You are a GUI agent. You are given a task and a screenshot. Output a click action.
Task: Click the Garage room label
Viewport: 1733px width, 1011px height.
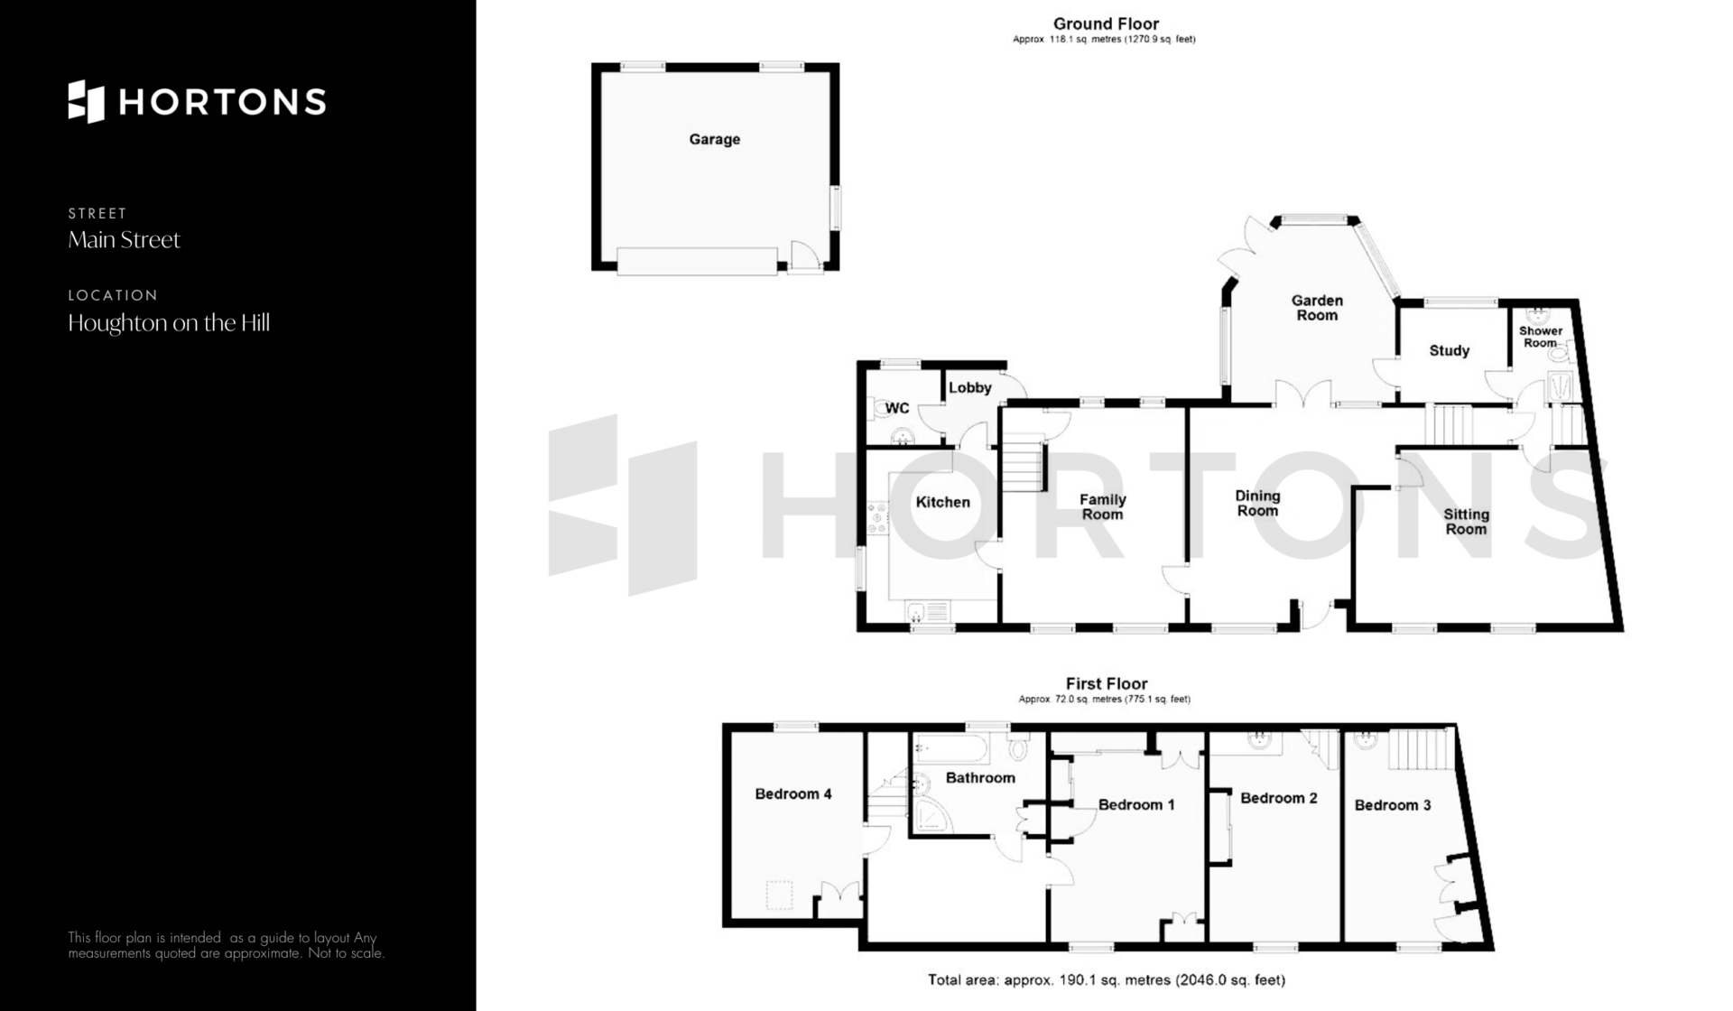tap(714, 139)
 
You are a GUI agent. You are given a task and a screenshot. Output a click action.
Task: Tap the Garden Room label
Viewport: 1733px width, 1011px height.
tap(1317, 308)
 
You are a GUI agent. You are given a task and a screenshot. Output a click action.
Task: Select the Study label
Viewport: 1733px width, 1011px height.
tap(1449, 350)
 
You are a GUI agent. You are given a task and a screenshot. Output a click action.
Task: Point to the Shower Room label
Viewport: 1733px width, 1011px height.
tap(1541, 337)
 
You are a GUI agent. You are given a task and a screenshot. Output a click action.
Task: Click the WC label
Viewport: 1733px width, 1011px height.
tap(897, 408)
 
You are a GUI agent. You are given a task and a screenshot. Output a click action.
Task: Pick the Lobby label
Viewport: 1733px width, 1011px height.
tap(970, 387)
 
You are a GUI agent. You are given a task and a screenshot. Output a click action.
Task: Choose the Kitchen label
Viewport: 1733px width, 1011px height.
tap(943, 502)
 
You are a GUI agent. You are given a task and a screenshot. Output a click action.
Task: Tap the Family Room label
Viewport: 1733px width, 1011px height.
tap(1102, 506)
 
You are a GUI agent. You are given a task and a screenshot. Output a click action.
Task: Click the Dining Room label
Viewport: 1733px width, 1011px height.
tap(1257, 503)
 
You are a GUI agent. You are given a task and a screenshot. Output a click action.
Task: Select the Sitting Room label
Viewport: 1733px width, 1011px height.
tap(1466, 522)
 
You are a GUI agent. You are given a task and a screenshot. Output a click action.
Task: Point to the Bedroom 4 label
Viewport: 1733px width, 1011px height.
tap(793, 794)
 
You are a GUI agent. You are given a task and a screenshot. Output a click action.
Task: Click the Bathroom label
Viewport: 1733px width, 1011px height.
tap(980, 777)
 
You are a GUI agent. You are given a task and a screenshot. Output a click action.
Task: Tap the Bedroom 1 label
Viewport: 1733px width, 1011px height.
tap(1136, 804)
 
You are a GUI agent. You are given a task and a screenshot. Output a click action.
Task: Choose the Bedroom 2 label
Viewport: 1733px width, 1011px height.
tap(1278, 798)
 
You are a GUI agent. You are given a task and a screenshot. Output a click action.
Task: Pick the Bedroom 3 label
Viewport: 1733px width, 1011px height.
tap(1393, 805)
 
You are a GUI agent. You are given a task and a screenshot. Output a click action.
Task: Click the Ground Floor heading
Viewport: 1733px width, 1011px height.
tap(1106, 24)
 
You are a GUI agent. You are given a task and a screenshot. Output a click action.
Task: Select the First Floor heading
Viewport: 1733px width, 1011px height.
tap(1107, 684)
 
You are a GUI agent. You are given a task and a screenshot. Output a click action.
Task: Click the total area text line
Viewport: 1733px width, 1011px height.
tap(1107, 979)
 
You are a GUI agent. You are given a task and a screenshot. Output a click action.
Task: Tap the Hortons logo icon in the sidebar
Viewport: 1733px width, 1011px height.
tap(87, 101)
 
